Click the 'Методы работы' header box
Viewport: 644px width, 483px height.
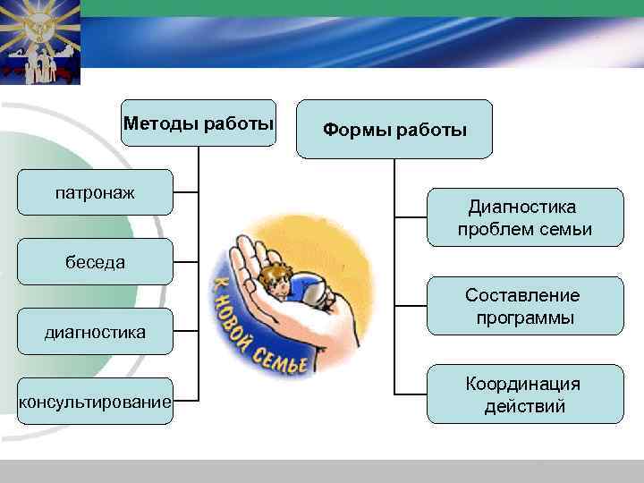tap(198, 123)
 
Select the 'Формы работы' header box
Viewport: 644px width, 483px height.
tap(394, 130)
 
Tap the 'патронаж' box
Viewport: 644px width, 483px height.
tap(95, 192)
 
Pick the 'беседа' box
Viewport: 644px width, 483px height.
tap(95, 262)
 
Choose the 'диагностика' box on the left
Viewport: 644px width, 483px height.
tap(95, 332)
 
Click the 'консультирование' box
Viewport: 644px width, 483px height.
tap(95, 402)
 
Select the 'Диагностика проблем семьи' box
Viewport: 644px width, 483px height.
tap(523, 218)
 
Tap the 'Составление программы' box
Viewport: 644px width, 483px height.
tap(523, 306)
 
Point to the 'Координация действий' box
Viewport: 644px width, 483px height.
tap(523, 394)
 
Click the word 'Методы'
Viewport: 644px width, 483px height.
tap(157, 123)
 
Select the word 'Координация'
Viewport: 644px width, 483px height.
tap(523, 384)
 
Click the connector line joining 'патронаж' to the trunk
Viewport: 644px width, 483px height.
tap(185, 192)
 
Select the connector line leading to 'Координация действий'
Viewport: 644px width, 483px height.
tap(410, 394)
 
